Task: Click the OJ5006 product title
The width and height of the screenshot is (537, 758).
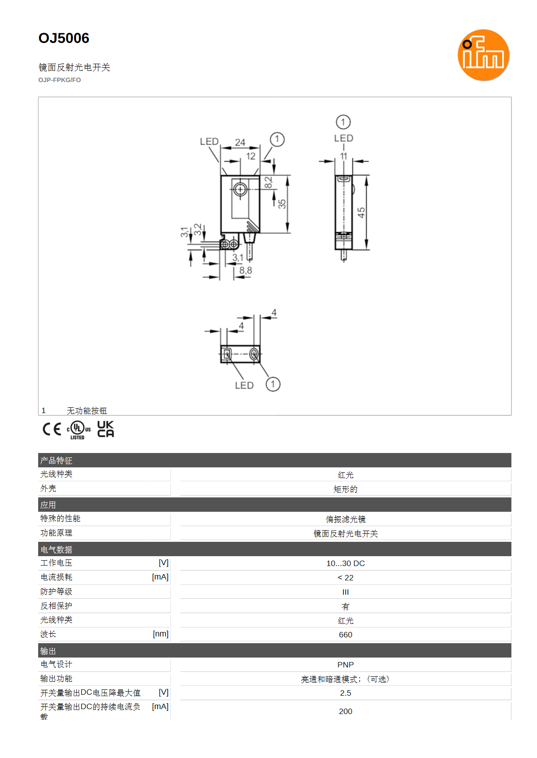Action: point(64,38)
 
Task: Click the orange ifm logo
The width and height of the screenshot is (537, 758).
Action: point(483,55)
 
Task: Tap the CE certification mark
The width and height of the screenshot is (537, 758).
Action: point(52,429)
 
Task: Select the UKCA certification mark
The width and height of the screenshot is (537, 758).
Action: point(106,429)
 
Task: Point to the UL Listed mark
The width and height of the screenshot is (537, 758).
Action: point(79,430)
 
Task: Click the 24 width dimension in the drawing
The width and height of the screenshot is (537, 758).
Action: point(240,143)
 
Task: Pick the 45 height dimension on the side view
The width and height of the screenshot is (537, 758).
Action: point(361,213)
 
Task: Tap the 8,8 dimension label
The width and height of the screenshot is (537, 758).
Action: point(246,270)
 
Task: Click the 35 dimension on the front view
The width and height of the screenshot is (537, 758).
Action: point(282,204)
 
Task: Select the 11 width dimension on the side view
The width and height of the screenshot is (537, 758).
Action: point(343,157)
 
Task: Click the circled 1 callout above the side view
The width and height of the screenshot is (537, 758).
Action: point(343,122)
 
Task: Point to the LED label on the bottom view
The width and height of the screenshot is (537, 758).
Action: point(244,385)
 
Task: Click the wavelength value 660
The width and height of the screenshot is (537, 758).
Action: point(346,635)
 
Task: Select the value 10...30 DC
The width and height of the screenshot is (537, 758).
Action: point(346,563)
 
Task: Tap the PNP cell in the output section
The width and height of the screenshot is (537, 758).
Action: point(346,665)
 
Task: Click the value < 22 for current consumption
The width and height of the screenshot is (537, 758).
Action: point(346,578)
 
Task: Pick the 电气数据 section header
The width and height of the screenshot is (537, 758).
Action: point(56,549)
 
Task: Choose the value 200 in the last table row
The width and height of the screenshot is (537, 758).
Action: point(346,711)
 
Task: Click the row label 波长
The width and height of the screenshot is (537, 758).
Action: point(48,634)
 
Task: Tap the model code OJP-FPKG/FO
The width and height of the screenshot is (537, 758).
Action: point(60,80)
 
